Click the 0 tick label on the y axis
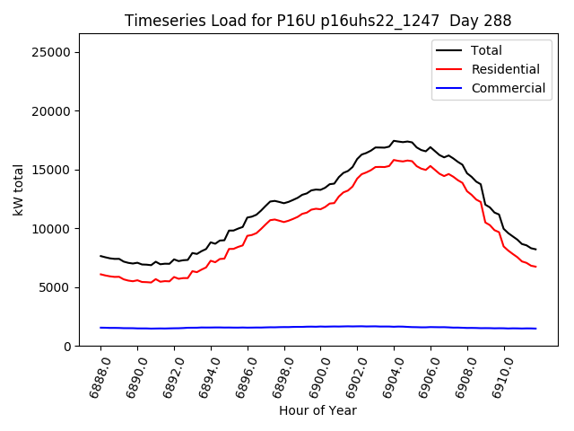pos(68,347)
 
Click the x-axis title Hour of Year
pos(317,411)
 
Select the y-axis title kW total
pos(18,190)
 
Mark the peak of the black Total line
pos(395,140)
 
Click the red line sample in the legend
pos(449,69)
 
